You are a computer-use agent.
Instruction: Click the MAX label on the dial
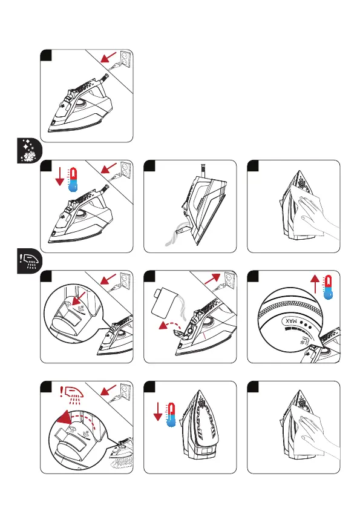click(291, 321)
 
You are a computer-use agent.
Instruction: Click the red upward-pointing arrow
click(315, 284)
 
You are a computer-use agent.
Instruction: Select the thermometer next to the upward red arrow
click(329, 288)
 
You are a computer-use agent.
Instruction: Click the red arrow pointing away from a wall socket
click(213, 278)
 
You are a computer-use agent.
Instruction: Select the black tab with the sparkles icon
click(29, 151)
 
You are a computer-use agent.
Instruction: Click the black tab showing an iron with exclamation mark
click(29, 262)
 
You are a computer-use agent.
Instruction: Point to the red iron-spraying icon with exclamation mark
click(72, 395)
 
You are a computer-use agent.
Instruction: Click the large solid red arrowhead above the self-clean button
click(64, 417)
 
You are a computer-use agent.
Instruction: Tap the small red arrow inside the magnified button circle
click(79, 299)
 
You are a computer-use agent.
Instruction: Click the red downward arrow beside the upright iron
click(158, 412)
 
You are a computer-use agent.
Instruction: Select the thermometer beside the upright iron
click(171, 415)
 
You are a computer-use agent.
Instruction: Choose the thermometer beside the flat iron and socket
click(73, 179)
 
